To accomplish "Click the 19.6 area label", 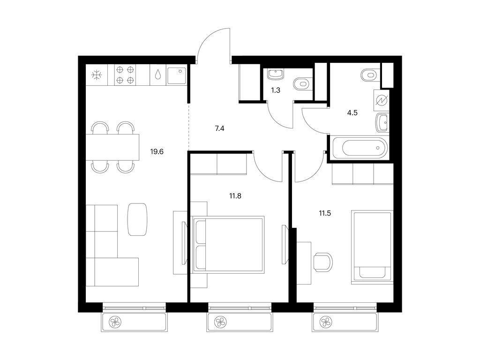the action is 157,151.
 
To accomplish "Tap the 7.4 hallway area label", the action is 219,128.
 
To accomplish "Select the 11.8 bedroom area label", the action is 235,196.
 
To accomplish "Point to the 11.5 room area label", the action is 325,213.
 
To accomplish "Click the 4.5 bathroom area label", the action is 352,112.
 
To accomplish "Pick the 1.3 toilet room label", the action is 276,90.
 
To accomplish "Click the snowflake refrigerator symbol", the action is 97,75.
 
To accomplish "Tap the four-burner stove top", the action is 125,75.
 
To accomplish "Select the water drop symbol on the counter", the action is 158,75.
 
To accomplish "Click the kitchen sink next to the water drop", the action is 176,75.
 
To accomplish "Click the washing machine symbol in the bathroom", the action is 382,100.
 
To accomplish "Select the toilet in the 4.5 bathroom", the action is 370,75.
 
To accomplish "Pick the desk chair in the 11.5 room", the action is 323,262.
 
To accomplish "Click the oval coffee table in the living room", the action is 137,219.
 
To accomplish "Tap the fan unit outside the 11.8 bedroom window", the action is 219,322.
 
